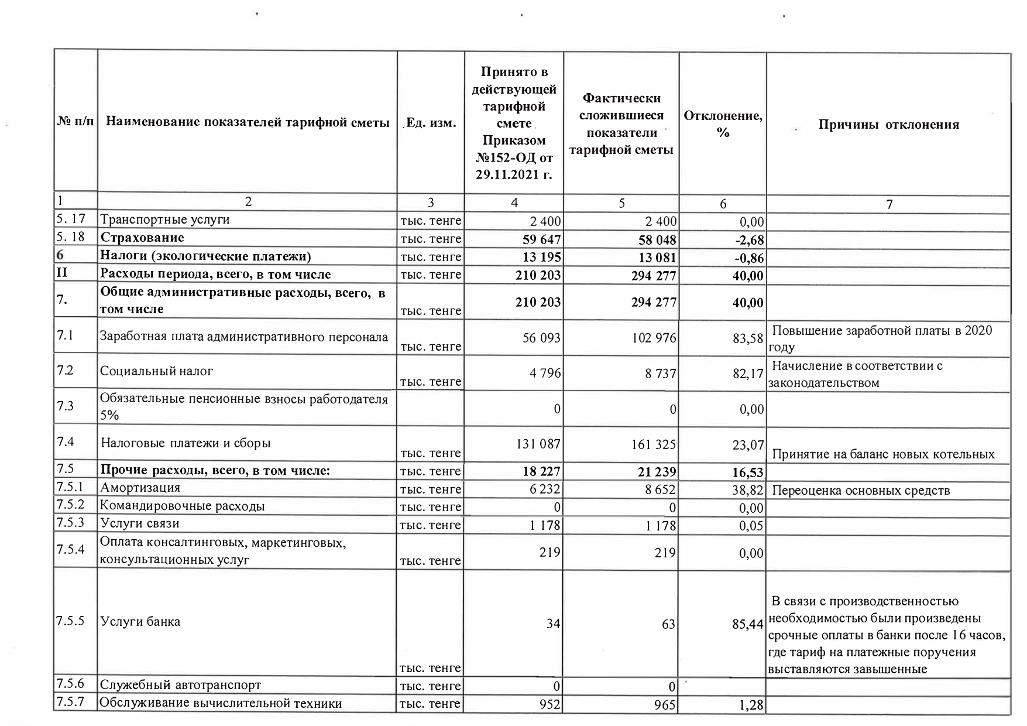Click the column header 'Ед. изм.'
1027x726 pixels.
(x=431, y=124)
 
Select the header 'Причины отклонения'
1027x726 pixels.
(x=888, y=125)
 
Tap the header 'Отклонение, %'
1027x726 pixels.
(x=723, y=124)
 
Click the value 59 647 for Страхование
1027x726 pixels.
(x=538, y=239)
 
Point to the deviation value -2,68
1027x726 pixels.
(x=748, y=240)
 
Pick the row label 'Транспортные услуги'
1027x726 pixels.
(x=165, y=220)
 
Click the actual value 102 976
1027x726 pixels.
(x=654, y=338)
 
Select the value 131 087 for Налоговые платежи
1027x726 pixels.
(x=538, y=444)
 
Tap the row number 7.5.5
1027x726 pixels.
(x=71, y=621)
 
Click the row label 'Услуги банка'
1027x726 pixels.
(x=140, y=621)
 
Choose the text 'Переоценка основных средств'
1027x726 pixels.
(x=861, y=491)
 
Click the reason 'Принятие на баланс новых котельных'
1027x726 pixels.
(x=884, y=454)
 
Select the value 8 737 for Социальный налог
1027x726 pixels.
(x=661, y=373)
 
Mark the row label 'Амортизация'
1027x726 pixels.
(x=140, y=488)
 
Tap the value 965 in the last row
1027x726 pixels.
(x=665, y=704)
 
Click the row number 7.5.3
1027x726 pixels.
(x=71, y=523)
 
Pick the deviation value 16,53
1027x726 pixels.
(x=748, y=472)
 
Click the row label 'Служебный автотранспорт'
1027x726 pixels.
(x=180, y=684)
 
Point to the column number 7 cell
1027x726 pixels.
(x=889, y=204)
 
